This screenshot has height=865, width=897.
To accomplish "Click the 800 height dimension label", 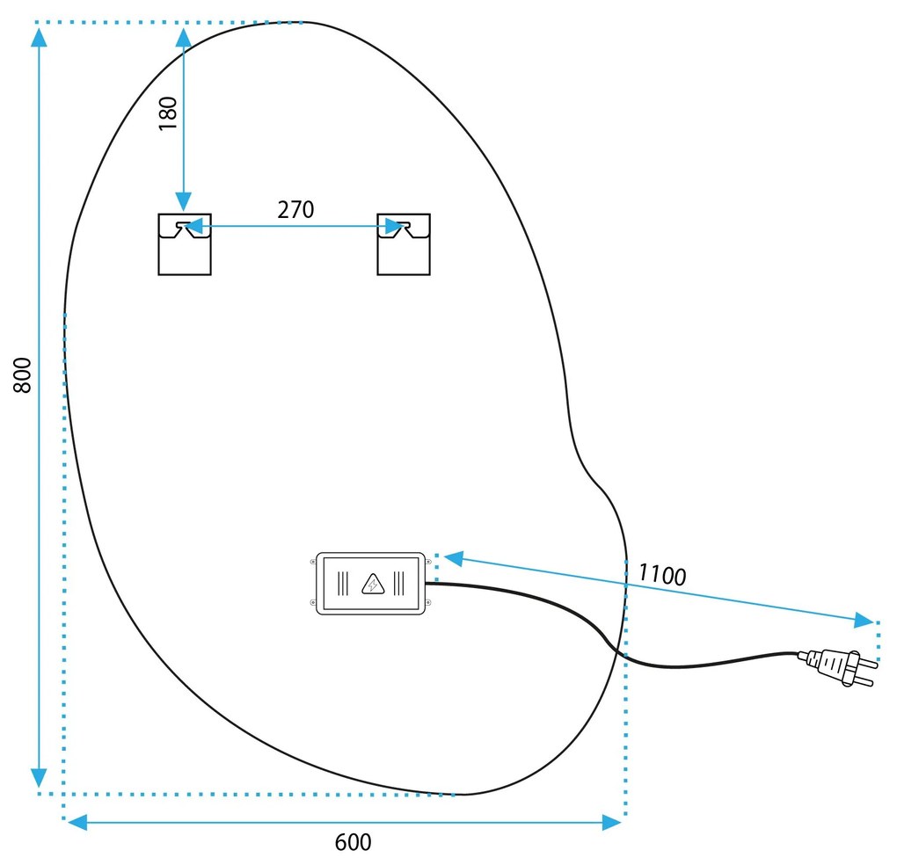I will pyautogui.click(x=26, y=374).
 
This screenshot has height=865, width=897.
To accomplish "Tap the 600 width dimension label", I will pyautogui.click(x=353, y=842).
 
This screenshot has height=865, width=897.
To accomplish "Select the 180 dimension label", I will pyautogui.click(x=168, y=113).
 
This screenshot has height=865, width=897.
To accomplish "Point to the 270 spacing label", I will pyautogui.click(x=295, y=209).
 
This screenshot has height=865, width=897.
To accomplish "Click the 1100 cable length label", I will pyautogui.click(x=661, y=575).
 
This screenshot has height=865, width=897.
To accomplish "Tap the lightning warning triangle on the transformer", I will pyautogui.click(x=373, y=583).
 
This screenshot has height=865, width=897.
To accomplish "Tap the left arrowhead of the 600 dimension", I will pyautogui.click(x=77, y=822).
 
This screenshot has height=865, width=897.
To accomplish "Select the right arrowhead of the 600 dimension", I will pyautogui.click(x=613, y=822).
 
